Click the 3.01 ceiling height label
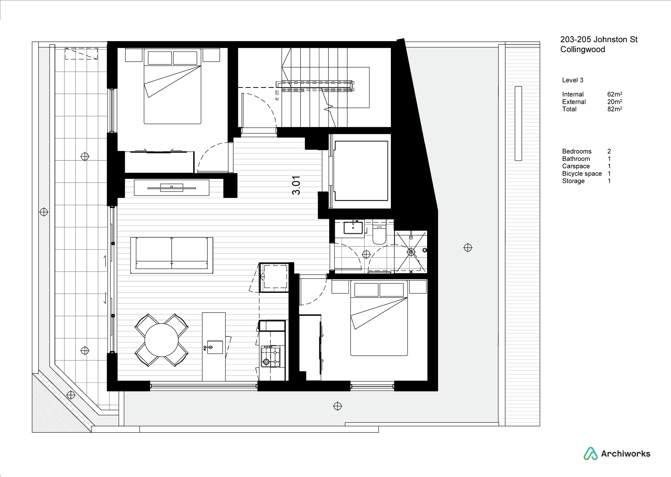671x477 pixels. click(x=296, y=185)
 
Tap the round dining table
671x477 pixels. click(x=161, y=340)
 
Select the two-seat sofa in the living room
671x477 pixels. click(x=172, y=255)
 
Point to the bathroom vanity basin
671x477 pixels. click(x=353, y=227)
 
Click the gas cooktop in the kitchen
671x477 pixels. click(x=270, y=356)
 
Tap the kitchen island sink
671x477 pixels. click(x=214, y=347)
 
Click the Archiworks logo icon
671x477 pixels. click(x=590, y=454)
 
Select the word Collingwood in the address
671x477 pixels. click(x=583, y=50)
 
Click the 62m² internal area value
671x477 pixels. click(x=615, y=94)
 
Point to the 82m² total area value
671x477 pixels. click(x=615, y=109)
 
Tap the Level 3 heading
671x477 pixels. click(x=573, y=80)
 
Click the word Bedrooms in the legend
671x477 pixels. click(x=577, y=151)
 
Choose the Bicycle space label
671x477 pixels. click(x=582, y=174)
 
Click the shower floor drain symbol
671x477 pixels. click(x=411, y=251)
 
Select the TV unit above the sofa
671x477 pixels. click(x=171, y=188)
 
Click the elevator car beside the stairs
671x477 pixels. click(x=361, y=171)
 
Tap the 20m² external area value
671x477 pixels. click(x=615, y=102)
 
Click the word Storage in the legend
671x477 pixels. click(x=573, y=181)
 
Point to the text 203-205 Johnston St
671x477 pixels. click(x=599, y=40)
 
